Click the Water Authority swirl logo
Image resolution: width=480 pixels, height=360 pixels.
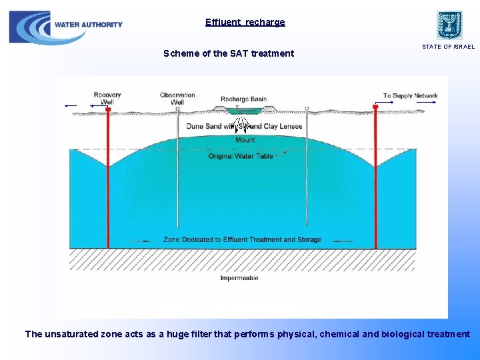[x=30, y=27]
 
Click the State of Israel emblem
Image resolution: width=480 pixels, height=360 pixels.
[x=449, y=25]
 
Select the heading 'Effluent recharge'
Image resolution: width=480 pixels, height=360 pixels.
[x=245, y=22]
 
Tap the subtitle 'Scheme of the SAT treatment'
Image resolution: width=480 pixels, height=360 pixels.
[x=229, y=53]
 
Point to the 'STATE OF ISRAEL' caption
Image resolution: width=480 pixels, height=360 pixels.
[x=448, y=47]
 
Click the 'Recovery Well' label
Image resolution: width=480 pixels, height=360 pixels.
[x=107, y=99]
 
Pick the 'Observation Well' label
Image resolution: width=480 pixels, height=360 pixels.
[x=177, y=99]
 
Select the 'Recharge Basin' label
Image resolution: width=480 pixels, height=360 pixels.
[x=243, y=99]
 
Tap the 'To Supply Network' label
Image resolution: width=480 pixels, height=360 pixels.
[x=410, y=96]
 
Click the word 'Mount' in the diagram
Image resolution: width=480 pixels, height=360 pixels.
[x=245, y=140]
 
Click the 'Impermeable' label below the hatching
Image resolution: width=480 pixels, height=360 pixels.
[x=239, y=278]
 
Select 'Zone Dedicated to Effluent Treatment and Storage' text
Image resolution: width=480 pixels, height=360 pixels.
[x=242, y=239]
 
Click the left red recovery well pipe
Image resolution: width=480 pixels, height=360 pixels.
[x=107, y=180]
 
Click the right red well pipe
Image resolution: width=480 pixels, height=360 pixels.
[x=375, y=180]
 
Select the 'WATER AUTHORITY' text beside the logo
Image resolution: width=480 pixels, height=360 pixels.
[x=89, y=25]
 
